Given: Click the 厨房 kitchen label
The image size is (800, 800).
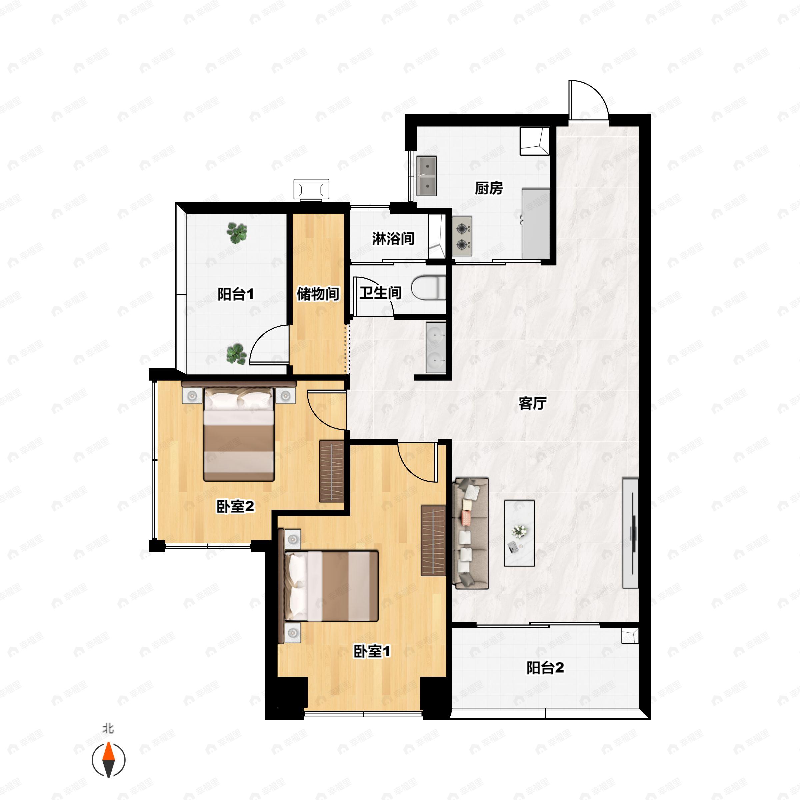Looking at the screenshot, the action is [x=489, y=188].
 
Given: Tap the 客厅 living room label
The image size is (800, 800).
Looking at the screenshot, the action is [x=533, y=403].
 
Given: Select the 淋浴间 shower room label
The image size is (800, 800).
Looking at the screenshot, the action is [x=393, y=239].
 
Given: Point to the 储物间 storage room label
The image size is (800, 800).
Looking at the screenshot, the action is [x=318, y=294].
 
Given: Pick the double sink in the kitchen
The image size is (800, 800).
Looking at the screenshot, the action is [x=427, y=176].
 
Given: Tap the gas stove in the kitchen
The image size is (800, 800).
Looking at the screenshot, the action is [x=462, y=236].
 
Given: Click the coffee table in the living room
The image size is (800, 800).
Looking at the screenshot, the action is [x=519, y=533].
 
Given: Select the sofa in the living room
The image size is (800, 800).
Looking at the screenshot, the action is [x=471, y=533].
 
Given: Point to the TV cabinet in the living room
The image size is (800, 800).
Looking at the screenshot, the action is [x=631, y=533].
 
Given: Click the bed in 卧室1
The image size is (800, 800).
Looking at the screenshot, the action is [x=331, y=586].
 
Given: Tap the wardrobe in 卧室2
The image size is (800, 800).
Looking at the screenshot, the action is [x=332, y=471].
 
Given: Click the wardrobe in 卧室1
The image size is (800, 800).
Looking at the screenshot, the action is [x=433, y=540].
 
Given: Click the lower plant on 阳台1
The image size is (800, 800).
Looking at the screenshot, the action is [x=236, y=354].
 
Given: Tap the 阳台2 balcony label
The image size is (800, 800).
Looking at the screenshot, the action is [x=545, y=668].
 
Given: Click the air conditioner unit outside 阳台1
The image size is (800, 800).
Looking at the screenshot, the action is [x=311, y=190].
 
